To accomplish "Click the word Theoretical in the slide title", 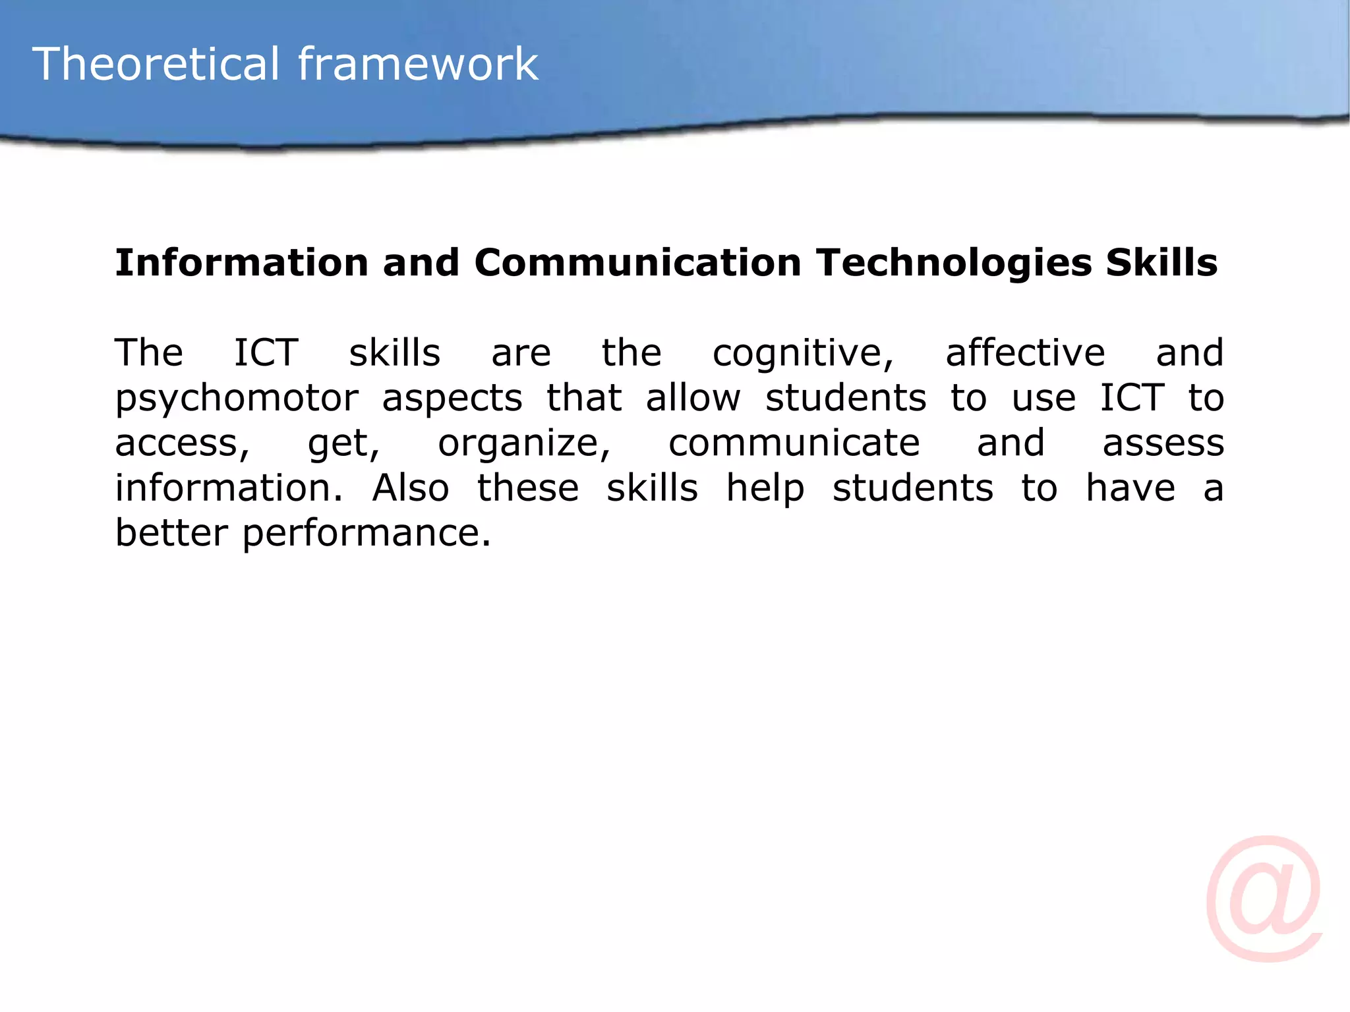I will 156,64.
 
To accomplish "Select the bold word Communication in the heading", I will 637,263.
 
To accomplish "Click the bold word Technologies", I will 953,263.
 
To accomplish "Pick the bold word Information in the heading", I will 241,263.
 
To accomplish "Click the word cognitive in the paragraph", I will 802,354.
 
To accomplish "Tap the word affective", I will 1025,352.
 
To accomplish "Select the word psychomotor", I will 237,399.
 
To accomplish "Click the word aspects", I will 452,399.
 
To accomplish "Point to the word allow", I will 693,398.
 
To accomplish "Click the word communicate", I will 794,443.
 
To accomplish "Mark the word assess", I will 1163,443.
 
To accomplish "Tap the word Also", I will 411,488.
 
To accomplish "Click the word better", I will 171,532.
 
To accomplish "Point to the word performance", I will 366,534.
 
